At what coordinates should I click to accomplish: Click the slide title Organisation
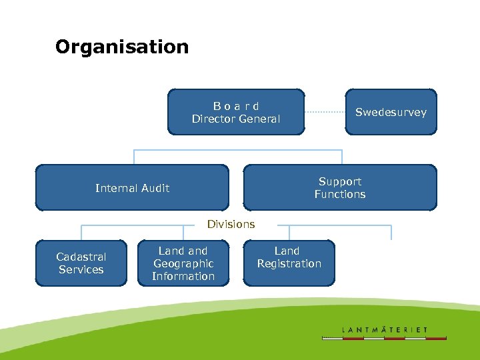122,47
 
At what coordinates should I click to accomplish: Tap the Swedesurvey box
391,112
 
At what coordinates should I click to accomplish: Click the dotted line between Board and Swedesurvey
325,112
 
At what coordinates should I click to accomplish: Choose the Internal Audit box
132,188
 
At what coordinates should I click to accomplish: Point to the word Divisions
231,224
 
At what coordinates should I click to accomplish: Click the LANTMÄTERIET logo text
385,329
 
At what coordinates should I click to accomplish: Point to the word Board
236,106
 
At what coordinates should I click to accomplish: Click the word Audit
154,188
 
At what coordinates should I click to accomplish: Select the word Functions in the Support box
340,194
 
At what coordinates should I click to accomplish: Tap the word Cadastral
81,257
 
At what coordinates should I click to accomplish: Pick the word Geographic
183,263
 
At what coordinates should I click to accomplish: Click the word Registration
289,263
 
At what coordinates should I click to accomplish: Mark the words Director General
236,119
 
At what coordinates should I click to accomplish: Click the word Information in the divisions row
183,276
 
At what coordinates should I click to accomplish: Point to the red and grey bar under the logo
385,338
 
